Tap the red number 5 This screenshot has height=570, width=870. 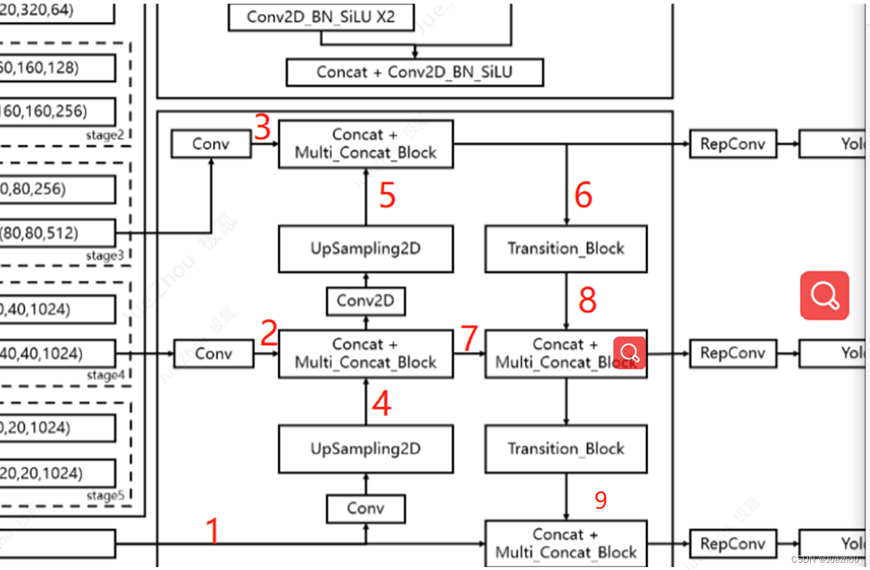[387, 195]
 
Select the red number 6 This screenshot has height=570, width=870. [583, 195]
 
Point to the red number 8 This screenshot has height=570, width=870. [587, 299]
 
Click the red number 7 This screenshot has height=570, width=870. [469, 338]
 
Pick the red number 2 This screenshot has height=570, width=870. [269, 333]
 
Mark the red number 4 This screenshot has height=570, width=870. [381, 404]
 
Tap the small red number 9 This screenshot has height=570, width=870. [600, 500]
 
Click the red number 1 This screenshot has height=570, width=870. [212, 531]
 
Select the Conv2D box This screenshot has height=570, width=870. [365, 301]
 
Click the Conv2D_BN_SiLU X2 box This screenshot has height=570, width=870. [321, 17]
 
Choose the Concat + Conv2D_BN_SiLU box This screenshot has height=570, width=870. [414, 72]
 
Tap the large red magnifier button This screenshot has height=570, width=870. [824, 296]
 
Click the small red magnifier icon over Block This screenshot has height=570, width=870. [629, 353]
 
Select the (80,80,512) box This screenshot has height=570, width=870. [58, 234]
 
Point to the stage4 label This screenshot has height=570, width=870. [101, 375]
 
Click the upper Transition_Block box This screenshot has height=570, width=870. [566, 249]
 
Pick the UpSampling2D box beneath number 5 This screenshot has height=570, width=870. [365, 249]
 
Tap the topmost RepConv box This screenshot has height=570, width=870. [732, 144]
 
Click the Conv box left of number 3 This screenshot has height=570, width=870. [211, 144]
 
